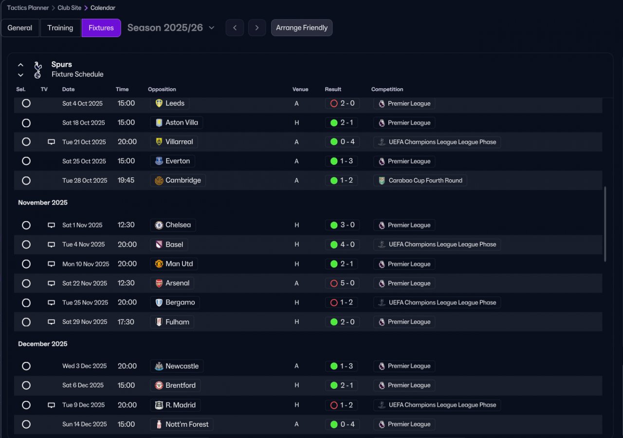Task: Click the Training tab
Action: (x=60, y=28)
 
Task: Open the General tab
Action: (x=20, y=28)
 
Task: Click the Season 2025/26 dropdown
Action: (x=171, y=28)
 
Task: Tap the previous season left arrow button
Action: (x=235, y=28)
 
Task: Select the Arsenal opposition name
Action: (x=177, y=283)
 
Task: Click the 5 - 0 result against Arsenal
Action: (x=342, y=283)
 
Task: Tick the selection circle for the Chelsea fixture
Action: (x=26, y=225)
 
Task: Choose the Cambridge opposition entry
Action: (x=183, y=180)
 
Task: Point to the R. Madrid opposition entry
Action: (x=180, y=405)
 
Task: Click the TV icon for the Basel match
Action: (x=51, y=245)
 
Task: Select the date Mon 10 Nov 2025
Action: (x=86, y=264)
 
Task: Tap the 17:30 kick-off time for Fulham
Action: (x=127, y=322)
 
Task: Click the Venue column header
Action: (x=300, y=89)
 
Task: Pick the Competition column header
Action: (x=387, y=89)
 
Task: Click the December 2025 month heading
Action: (x=43, y=344)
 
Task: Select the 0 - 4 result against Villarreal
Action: (x=342, y=142)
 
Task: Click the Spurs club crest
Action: (x=38, y=69)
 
